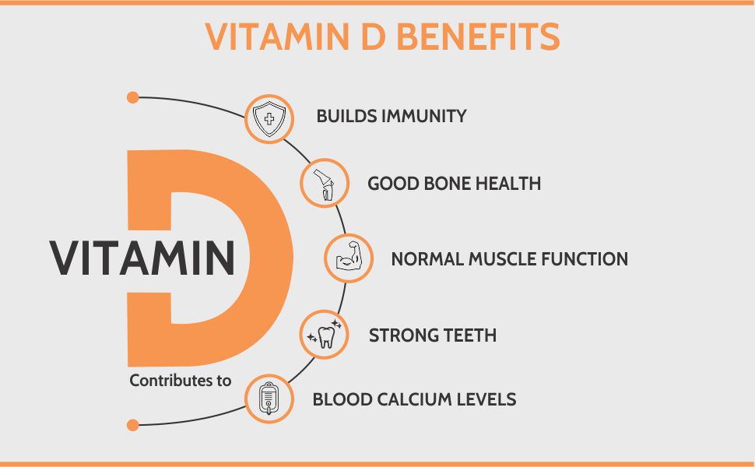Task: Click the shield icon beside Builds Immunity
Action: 269,119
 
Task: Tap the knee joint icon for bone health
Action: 323,184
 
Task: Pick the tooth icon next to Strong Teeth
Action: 324,335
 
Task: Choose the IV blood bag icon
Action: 269,399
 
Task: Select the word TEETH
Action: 470,335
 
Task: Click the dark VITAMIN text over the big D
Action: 142,257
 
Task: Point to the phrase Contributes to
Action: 181,381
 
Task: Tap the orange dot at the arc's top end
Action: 132,97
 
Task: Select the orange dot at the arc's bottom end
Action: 132,425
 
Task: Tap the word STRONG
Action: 402,335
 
